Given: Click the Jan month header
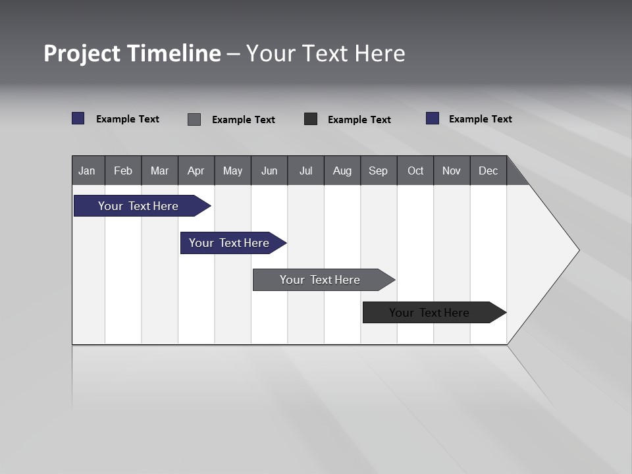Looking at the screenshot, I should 88,171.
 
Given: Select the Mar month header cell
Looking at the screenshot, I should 159,171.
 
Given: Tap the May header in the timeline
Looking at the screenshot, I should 232,171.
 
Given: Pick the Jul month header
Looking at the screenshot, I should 305,171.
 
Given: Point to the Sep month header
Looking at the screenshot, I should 379,171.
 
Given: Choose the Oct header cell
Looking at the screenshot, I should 415,171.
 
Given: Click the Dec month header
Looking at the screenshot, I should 488,171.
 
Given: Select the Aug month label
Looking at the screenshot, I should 342,171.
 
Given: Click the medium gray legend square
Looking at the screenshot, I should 194,119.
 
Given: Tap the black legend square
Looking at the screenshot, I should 311,119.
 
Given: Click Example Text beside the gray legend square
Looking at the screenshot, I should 243,120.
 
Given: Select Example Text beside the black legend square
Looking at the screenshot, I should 359,120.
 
